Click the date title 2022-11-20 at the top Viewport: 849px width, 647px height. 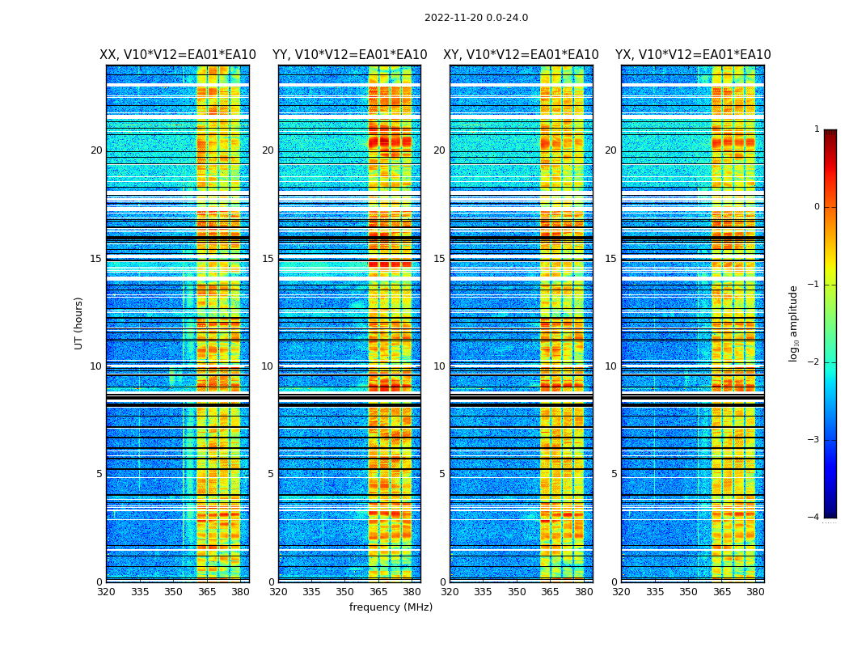pyautogui.click(x=476, y=18)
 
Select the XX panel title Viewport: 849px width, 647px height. pyautogui.click(x=178, y=55)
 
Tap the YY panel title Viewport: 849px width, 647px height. pyautogui.click(x=349, y=55)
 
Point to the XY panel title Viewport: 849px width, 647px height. pyautogui.click(x=521, y=55)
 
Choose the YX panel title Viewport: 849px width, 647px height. pyautogui.click(x=693, y=55)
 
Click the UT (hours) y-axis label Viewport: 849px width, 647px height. pyautogui.click(x=79, y=323)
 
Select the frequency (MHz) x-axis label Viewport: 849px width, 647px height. pyautogui.click(x=391, y=607)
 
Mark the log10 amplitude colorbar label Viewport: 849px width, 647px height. pyautogui.click(x=794, y=323)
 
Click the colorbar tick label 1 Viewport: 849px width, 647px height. pyautogui.click(x=817, y=129)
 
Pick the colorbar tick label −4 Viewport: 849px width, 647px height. pyautogui.click(x=814, y=518)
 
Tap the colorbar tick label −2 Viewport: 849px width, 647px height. pyautogui.click(x=814, y=362)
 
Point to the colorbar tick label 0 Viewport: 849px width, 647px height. pyautogui.click(x=817, y=207)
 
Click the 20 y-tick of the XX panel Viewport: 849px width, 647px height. pyautogui.click(x=96, y=150)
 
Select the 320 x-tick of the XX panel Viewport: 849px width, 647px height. pyautogui.click(x=106, y=592)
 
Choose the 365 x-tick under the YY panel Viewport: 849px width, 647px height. pyautogui.click(x=378, y=592)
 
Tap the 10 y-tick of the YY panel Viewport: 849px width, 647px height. pyautogui.click(x=268, y=366)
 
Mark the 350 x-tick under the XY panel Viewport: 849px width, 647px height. pyautogui.click(x=517, y=592)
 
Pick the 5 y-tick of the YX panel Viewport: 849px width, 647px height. pyautogui.click(x=614, y=474)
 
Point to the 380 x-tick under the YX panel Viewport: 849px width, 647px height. pyautogui.click(x=755, y=592)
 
